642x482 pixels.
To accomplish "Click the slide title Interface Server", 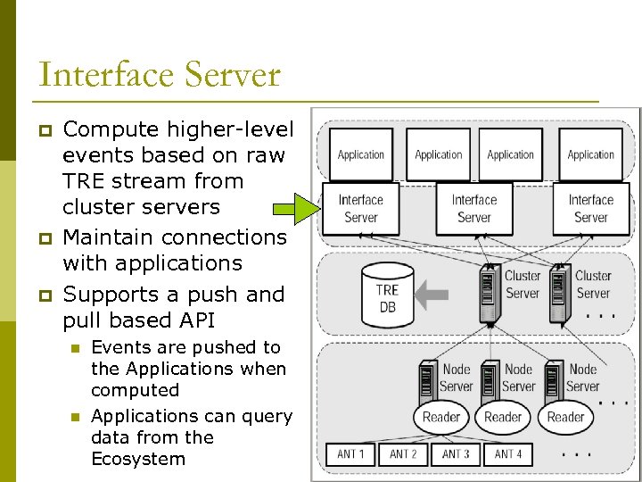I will pyautogui.click(x=160, y=74).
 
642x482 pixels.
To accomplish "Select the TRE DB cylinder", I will pyautogui.click(x=388, y=294).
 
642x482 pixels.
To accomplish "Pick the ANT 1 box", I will pyautogui.click(x=351, y=454).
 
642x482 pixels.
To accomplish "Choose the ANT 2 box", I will pyautogui.click(x=404, y=454).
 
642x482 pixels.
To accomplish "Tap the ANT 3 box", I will pyautogui.click(x=456, y=454).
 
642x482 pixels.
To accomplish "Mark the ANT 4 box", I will pyautogui.click(x=508, y=454).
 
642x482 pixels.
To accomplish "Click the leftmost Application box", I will pyautogui.click(x=361, y=154).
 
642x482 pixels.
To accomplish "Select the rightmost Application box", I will pyautogui.click(x=591, y=154).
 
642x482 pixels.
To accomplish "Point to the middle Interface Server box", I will pyautogui.click(x=473, y=209).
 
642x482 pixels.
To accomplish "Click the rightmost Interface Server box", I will pyautogui.click(x=591, y=209).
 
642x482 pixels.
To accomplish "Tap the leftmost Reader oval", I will pyautogui.click(x=441, y=417).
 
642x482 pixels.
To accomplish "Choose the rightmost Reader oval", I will pyautogui.click(x=565, y=417).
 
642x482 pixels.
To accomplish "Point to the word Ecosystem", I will pyautogui.click(x=138, y=459).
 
